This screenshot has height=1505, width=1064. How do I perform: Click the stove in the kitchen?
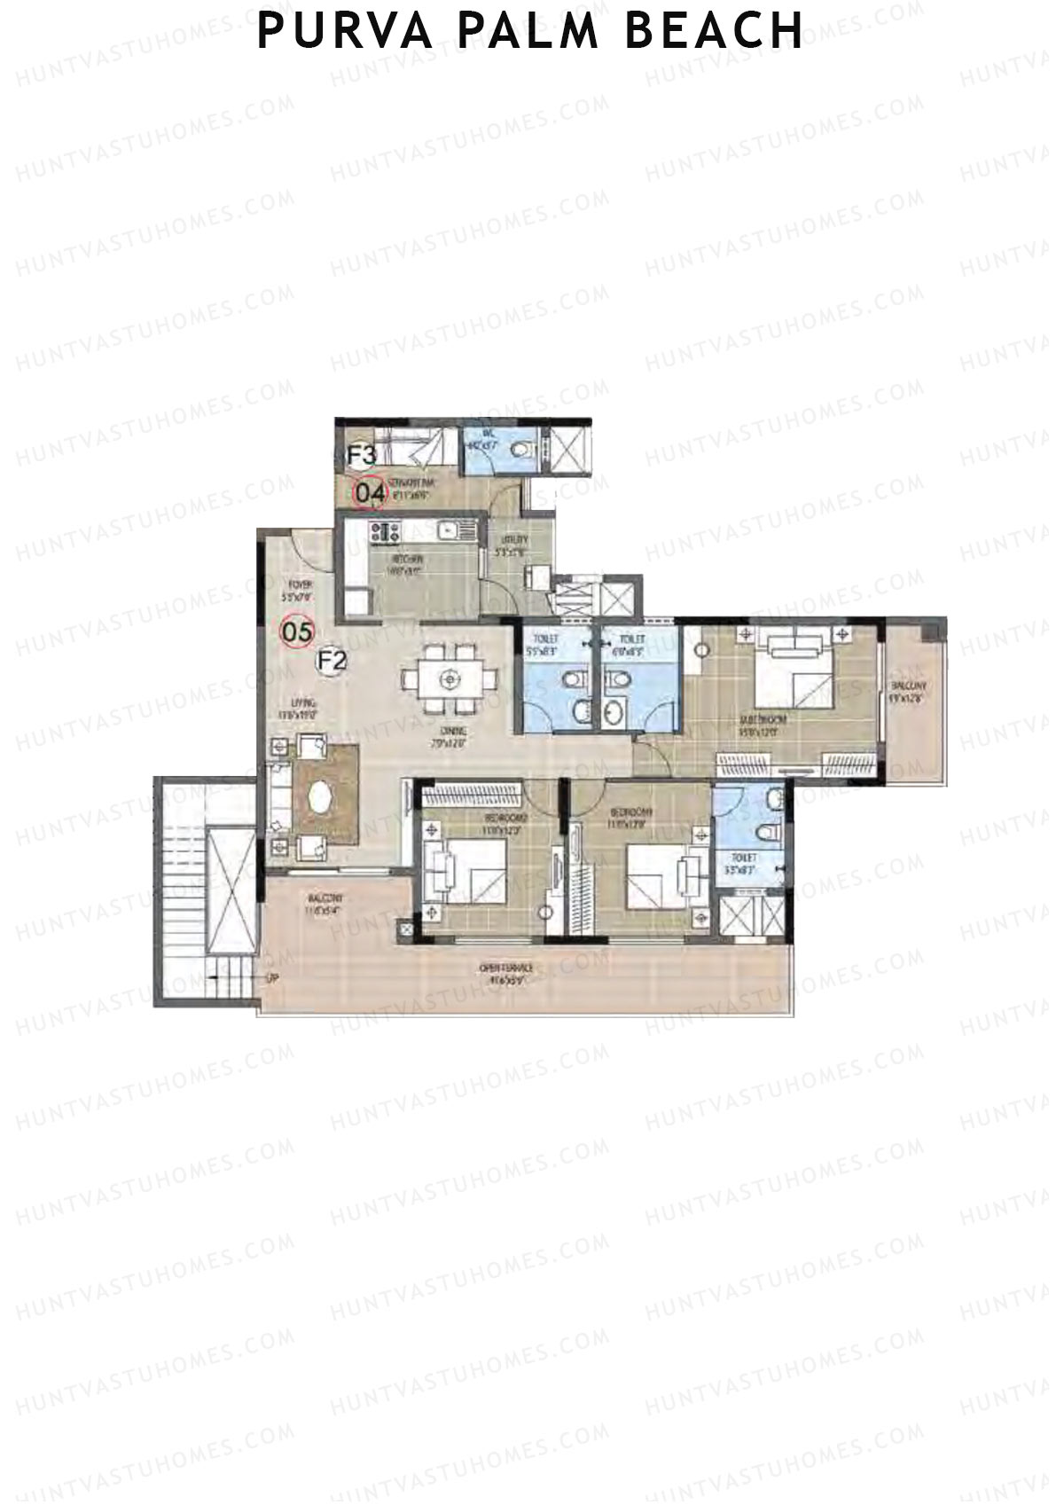point(387,533)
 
